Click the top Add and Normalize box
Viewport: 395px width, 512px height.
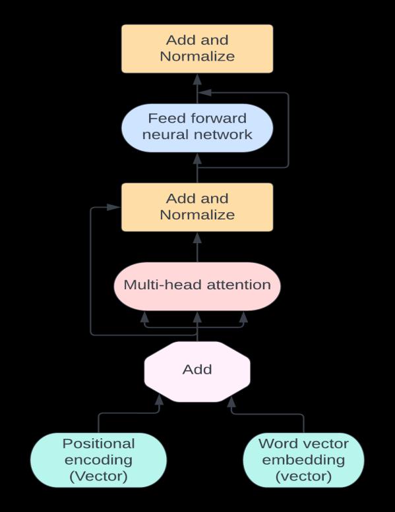click(197, 49)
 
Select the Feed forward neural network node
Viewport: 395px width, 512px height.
click(197, 128)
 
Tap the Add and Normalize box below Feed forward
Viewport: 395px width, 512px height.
click(197, 207)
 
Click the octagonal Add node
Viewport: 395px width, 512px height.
click(197, 372)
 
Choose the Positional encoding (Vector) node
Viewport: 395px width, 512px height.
click(99, 460)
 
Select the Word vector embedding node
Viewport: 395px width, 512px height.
click(303, 460)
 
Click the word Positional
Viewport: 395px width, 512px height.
click(99, 443)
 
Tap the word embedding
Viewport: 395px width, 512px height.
click(303, 460)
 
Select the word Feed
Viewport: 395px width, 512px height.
click(165, 118)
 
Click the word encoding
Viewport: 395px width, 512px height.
click(99, 460)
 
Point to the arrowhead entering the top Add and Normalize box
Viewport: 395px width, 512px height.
click(197, 79)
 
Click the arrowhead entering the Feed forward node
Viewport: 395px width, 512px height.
click(197, 158)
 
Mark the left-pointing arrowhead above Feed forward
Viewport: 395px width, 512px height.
click(205, 93)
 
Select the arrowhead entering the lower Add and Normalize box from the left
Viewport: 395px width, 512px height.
click(114, 207)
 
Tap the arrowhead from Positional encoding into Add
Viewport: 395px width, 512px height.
click(159, 400)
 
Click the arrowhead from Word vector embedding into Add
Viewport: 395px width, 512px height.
click(231, 402)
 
